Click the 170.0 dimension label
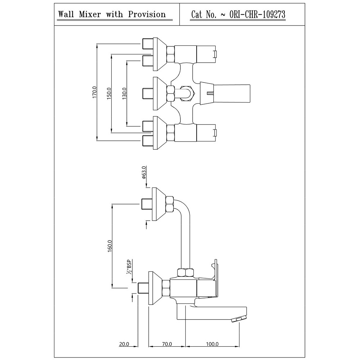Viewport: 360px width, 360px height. [94, 93]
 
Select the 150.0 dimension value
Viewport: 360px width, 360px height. [109, 93]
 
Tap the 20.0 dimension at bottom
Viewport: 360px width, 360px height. [124, 344]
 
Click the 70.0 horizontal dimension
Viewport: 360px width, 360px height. [167, 344]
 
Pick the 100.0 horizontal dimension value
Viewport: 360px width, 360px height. [212, 344]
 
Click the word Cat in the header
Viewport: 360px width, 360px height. [198, 14]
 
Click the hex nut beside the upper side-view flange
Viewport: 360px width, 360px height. [170, 204]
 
